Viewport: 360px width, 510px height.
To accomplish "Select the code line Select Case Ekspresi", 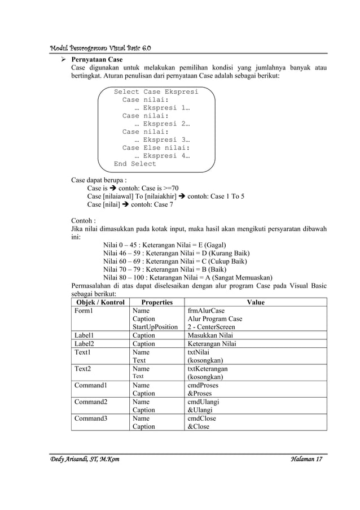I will click(156, 91).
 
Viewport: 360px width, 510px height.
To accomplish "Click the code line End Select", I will click(135, 164).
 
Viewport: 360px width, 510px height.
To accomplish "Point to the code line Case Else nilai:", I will click(156, 148).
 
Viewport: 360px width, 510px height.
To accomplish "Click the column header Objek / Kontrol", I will click(99, 302).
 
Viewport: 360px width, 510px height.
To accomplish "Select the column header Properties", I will click(157, 302).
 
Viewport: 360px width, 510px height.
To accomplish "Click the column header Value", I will click(256, 302).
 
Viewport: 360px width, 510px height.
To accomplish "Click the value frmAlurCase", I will click(206, 311).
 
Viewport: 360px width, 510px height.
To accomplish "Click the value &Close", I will click(198, 426).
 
